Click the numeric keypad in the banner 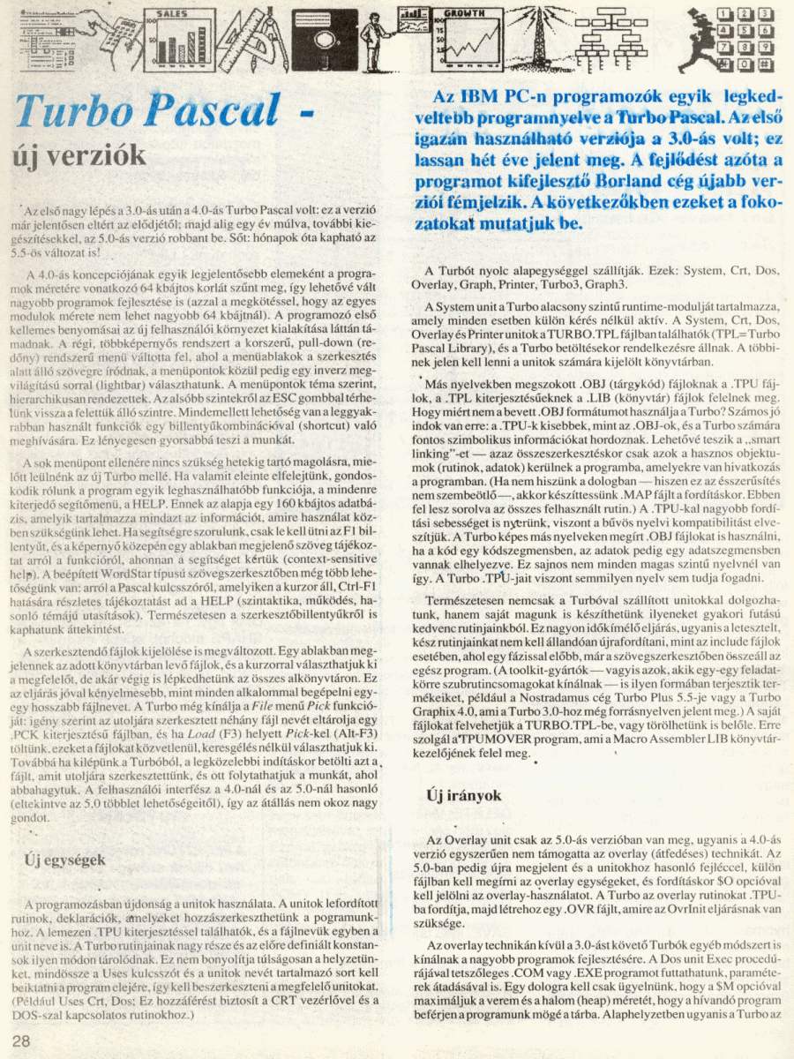click(749, 39)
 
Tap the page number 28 click(22, 1040)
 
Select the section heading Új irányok click(459, 794)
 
